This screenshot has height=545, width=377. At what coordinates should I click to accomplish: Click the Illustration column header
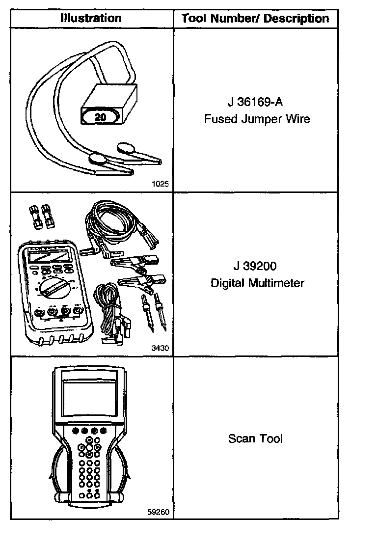point(91,19)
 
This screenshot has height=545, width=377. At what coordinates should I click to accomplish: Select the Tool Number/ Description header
point(255,19)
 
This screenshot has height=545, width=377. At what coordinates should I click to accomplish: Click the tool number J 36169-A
point(255,103)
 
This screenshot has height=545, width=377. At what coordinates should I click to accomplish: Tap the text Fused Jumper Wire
point(257,119)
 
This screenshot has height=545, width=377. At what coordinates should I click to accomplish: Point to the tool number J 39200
point(255,267)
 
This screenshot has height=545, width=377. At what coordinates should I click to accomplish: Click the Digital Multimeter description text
point(257,283)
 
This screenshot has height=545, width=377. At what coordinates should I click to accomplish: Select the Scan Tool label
point(255,438)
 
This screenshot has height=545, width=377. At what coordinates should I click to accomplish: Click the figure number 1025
point(161,185)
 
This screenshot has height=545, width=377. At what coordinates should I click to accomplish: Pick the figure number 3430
point(161,348)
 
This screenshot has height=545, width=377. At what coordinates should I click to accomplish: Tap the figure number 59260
point(158,512)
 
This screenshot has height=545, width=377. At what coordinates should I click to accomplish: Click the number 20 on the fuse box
point(100,118)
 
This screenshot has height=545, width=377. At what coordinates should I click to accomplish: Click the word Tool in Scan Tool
point(271,438)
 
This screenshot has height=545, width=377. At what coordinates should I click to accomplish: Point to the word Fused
point(219,119)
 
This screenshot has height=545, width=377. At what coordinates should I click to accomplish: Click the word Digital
point(227,283)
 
